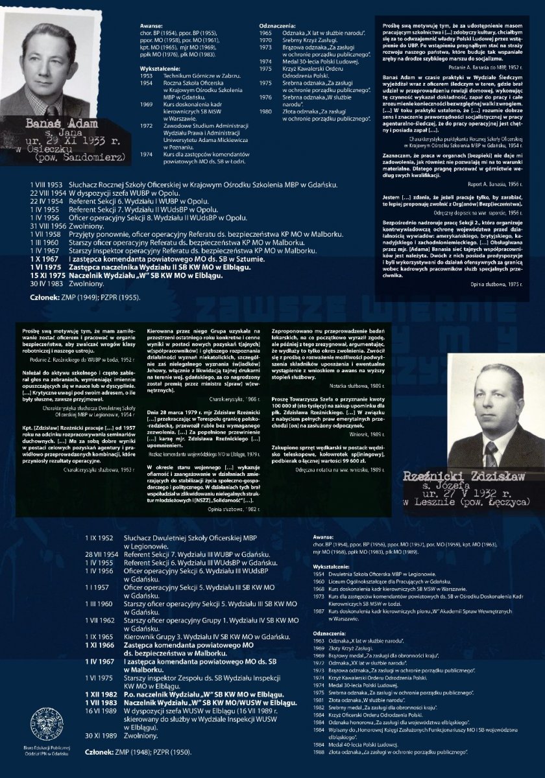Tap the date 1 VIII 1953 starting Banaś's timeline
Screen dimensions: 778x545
[46, 185]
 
